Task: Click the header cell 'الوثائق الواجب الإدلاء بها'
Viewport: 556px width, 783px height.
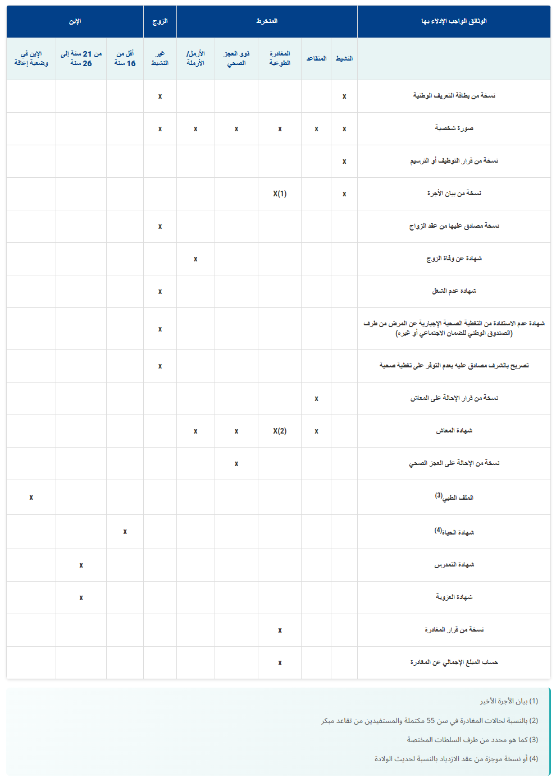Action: point(454,21)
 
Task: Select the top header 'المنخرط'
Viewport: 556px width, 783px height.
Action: point(267,21)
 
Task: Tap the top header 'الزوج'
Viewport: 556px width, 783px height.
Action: point(160,21)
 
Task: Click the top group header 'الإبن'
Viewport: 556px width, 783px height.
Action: point(75,21)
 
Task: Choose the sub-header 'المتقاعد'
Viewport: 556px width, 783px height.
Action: point(316,58)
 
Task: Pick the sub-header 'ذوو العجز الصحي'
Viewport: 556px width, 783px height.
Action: point(236,58)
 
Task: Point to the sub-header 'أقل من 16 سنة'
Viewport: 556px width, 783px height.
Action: point(125,58)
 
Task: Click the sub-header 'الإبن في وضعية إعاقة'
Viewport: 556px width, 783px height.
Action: point(31,58)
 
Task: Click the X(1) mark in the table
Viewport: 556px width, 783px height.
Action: point(280,194)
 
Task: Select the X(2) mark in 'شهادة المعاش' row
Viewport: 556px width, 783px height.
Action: point(280,431)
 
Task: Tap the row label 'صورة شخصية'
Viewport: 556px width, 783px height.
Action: point(454,128)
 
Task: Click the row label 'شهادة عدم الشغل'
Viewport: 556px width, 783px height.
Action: point(454,291)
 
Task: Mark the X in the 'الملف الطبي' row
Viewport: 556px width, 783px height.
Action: point(31,498)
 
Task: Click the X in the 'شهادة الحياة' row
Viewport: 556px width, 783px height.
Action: point(125,532)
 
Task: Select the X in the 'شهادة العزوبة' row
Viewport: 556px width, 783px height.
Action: point(81,598)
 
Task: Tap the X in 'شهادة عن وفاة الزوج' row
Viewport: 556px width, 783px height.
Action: point(195,259)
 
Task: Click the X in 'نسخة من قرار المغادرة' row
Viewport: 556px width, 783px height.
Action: point(280,630)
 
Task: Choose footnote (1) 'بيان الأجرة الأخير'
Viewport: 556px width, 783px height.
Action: point(509,701)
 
